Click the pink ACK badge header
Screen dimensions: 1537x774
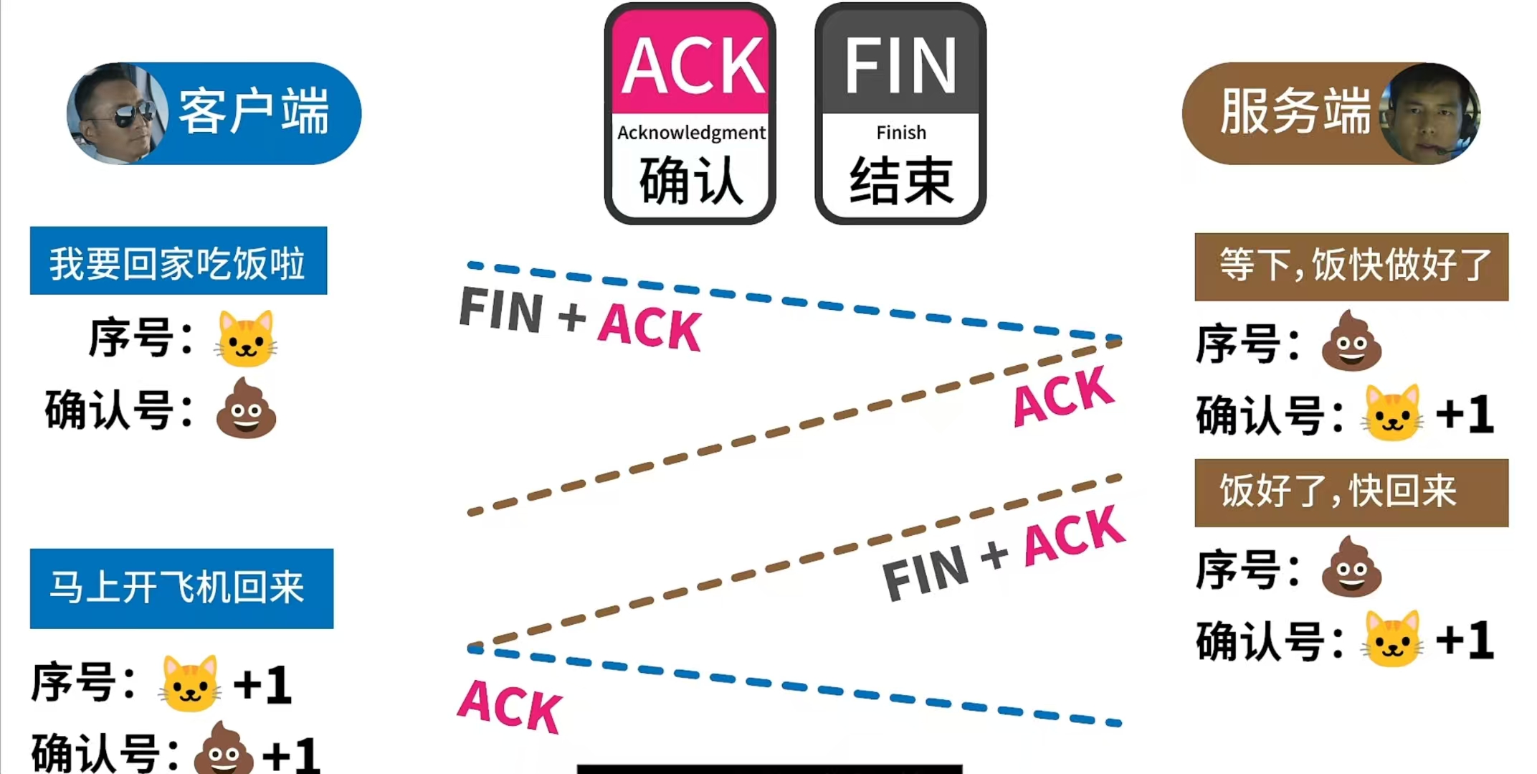point(690,65)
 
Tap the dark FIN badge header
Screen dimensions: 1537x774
point(900,65)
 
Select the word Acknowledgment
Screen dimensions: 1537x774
point(691,133)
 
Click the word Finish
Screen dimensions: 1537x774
point(901,133)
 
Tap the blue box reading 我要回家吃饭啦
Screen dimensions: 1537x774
point(178,261)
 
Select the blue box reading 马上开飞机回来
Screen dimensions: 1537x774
point(181,588)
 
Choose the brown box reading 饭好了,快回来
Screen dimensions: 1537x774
point(1351,493)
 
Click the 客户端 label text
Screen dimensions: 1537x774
point(254,112)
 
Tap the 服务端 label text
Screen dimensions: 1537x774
point(1295,112)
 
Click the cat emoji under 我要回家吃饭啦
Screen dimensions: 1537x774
point(246,339)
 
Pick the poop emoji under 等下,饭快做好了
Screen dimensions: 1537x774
point(1351,341)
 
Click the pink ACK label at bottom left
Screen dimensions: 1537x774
point(510,707)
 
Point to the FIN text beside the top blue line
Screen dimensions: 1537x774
point(501,310)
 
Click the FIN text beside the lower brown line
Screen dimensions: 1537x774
point(925,572)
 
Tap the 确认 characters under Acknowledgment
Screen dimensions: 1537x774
point(690,181)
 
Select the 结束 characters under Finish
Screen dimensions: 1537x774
point(901,181)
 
